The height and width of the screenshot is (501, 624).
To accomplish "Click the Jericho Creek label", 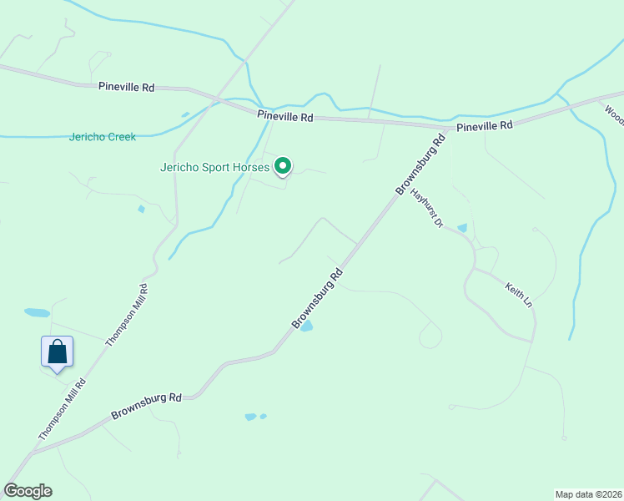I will pyautogui.click(x=102, y=137).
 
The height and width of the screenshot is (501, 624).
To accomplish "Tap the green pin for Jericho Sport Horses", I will pyautogui.click(x=283, y=167).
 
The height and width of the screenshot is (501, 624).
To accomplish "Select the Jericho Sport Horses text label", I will pyautogui.click(x=215, y=167).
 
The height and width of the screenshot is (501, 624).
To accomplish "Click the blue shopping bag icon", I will pyautogui.click(x=57, y=352).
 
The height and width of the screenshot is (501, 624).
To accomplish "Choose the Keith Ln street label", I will pyautogui.click(x=517, y=295).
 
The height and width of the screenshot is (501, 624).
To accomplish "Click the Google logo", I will pyautogui.click(x=28, y=491).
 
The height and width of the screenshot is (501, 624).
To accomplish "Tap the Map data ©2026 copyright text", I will pyautogui.click(x=588, y=493).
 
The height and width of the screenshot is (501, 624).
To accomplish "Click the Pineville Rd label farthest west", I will pyautogui.click(x=126, y=87).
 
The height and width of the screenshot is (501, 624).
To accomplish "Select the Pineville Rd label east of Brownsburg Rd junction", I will pyautogui.click(x=484, y=126).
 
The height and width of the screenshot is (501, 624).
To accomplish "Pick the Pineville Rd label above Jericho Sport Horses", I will pyautogui.click(x=284, y=118).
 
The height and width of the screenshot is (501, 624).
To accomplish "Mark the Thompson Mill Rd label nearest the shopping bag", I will pyautogui.click(x=61, y=409).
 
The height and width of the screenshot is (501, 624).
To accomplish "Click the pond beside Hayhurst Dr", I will pyautogui.click(x=462, y=227).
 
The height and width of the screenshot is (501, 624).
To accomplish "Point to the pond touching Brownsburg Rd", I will pyautogui.click(x=306, y=326).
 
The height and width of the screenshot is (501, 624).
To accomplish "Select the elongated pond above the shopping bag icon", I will pyautogui.click(x=37, y=313).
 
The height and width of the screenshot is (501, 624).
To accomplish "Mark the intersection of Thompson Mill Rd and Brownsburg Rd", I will pyautogui.click(x=32, y=453).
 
